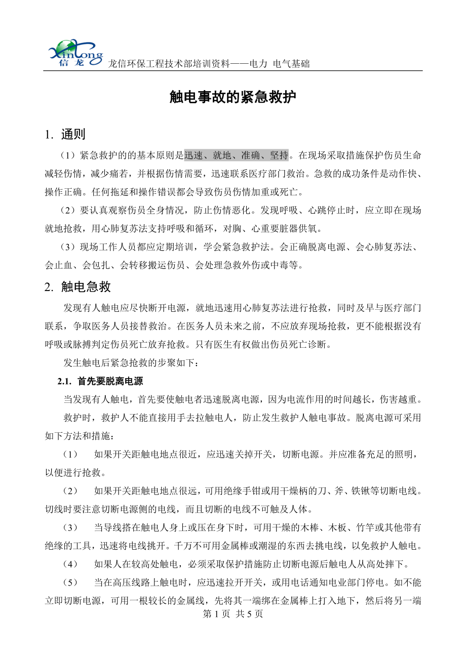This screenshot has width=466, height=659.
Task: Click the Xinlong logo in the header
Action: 75,54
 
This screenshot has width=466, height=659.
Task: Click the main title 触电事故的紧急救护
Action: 232,98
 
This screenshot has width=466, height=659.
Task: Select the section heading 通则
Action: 73,135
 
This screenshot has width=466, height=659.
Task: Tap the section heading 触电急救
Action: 86,287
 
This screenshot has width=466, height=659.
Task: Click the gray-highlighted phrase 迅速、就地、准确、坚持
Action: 237,154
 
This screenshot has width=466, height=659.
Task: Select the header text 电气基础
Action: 291,64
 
